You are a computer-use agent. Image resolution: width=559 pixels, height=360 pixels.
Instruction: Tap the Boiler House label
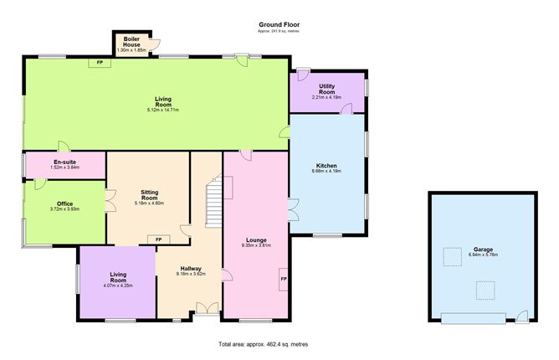click(131, 39)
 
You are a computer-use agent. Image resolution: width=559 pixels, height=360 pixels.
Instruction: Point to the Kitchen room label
click(326, 166)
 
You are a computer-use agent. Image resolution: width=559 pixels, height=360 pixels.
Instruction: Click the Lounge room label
click(256, 240)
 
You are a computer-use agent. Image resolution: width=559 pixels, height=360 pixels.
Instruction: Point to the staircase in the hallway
click(214, 201)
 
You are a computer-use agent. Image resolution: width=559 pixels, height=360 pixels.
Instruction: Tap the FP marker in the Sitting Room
click(158, 240)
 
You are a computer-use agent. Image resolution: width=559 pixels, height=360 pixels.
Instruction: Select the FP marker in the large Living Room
click(100, 63)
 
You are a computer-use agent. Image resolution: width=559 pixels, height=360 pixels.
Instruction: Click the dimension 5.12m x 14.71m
click(162, 111)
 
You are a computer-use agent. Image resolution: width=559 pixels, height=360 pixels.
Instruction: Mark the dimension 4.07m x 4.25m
click(116, 285)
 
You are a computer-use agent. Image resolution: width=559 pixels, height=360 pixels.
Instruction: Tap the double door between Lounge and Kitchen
click(290, 209)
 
